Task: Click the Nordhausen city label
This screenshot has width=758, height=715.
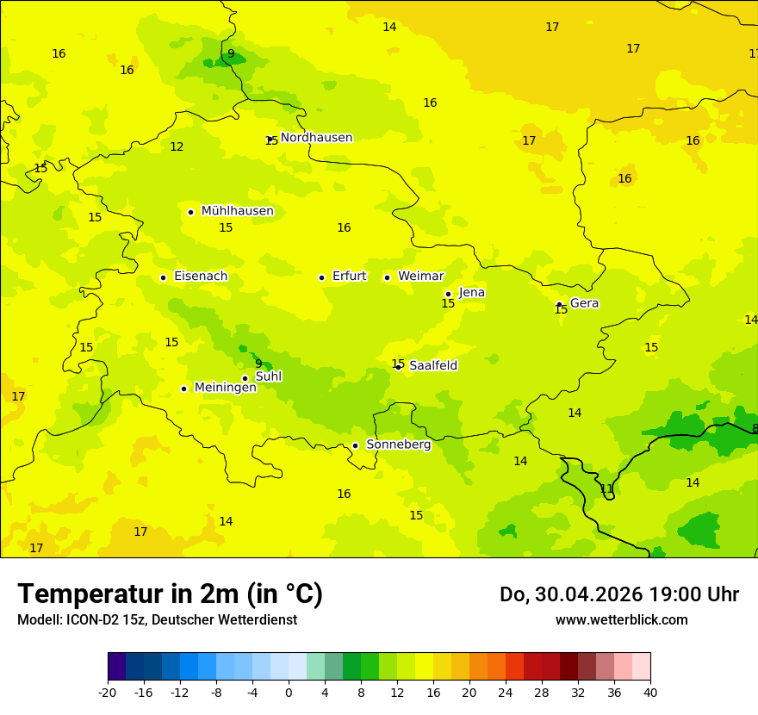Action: (x=316, y=138)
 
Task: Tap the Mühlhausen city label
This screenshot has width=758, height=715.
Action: (x=237, y=211)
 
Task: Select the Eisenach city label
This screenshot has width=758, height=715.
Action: (x=201, y=277)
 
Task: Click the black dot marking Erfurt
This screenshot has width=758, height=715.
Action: (x=321, y=277)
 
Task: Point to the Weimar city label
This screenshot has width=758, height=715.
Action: (x=420, y=277)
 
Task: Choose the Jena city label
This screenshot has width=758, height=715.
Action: (x=472, y=293)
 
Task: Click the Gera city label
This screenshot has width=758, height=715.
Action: (x=584, y=303)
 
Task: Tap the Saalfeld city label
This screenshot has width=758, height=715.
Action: (x=433, y=366)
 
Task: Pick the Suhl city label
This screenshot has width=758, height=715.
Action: (x=269, y=376)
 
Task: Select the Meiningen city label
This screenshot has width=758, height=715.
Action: (x=225, y=388)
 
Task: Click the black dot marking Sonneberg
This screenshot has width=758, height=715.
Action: (x=355, y=445)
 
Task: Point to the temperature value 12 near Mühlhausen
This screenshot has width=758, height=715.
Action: (x=177, y=147)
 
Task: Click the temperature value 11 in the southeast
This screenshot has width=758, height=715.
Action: (x=606, y=489)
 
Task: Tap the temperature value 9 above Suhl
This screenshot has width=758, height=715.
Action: (x=258, y=364)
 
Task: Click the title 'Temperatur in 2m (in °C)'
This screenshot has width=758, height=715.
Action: (x=170, y=594)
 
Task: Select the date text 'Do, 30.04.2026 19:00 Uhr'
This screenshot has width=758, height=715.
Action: (x=618, y=594)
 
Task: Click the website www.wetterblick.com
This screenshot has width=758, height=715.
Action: (x=621, y=620)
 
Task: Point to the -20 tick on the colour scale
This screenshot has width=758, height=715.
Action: (x=108, y=692)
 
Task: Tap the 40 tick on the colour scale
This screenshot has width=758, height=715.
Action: (x=650, y=692)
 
